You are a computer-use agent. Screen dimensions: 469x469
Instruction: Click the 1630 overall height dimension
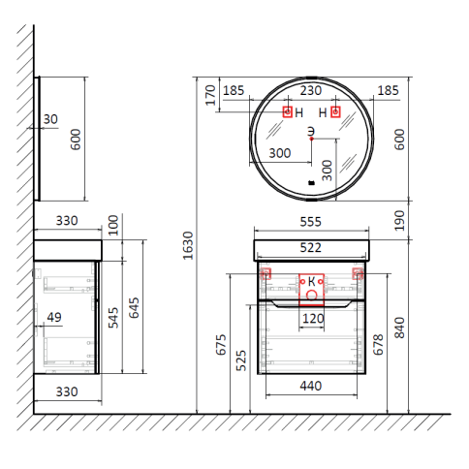pyautogui.click(x=188, y=245)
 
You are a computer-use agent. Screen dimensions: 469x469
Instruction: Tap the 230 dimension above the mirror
pyautogui.click(x=311, y=90)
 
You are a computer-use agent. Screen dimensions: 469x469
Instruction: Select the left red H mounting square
pyautogui.click(x=288, y=112)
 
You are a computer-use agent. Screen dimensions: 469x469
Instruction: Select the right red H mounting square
pyautogui.click(x=335, y=112)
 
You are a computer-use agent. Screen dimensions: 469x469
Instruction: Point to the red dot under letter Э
pyautogui.click(x=311, y=139)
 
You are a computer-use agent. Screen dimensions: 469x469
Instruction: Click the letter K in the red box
pyautogui.click(x=311, y=282)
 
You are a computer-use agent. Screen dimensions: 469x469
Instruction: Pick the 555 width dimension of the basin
pyautogui.click(x=311, y=222)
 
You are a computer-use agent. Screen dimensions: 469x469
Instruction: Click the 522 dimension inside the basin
pyautogui.click(x=311, y=248)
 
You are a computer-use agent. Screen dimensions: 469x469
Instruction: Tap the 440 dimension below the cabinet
pyautogui.click(x=311, y=386)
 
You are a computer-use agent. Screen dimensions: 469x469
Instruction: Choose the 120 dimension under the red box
pyautogui.click(x=313, y=319)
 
